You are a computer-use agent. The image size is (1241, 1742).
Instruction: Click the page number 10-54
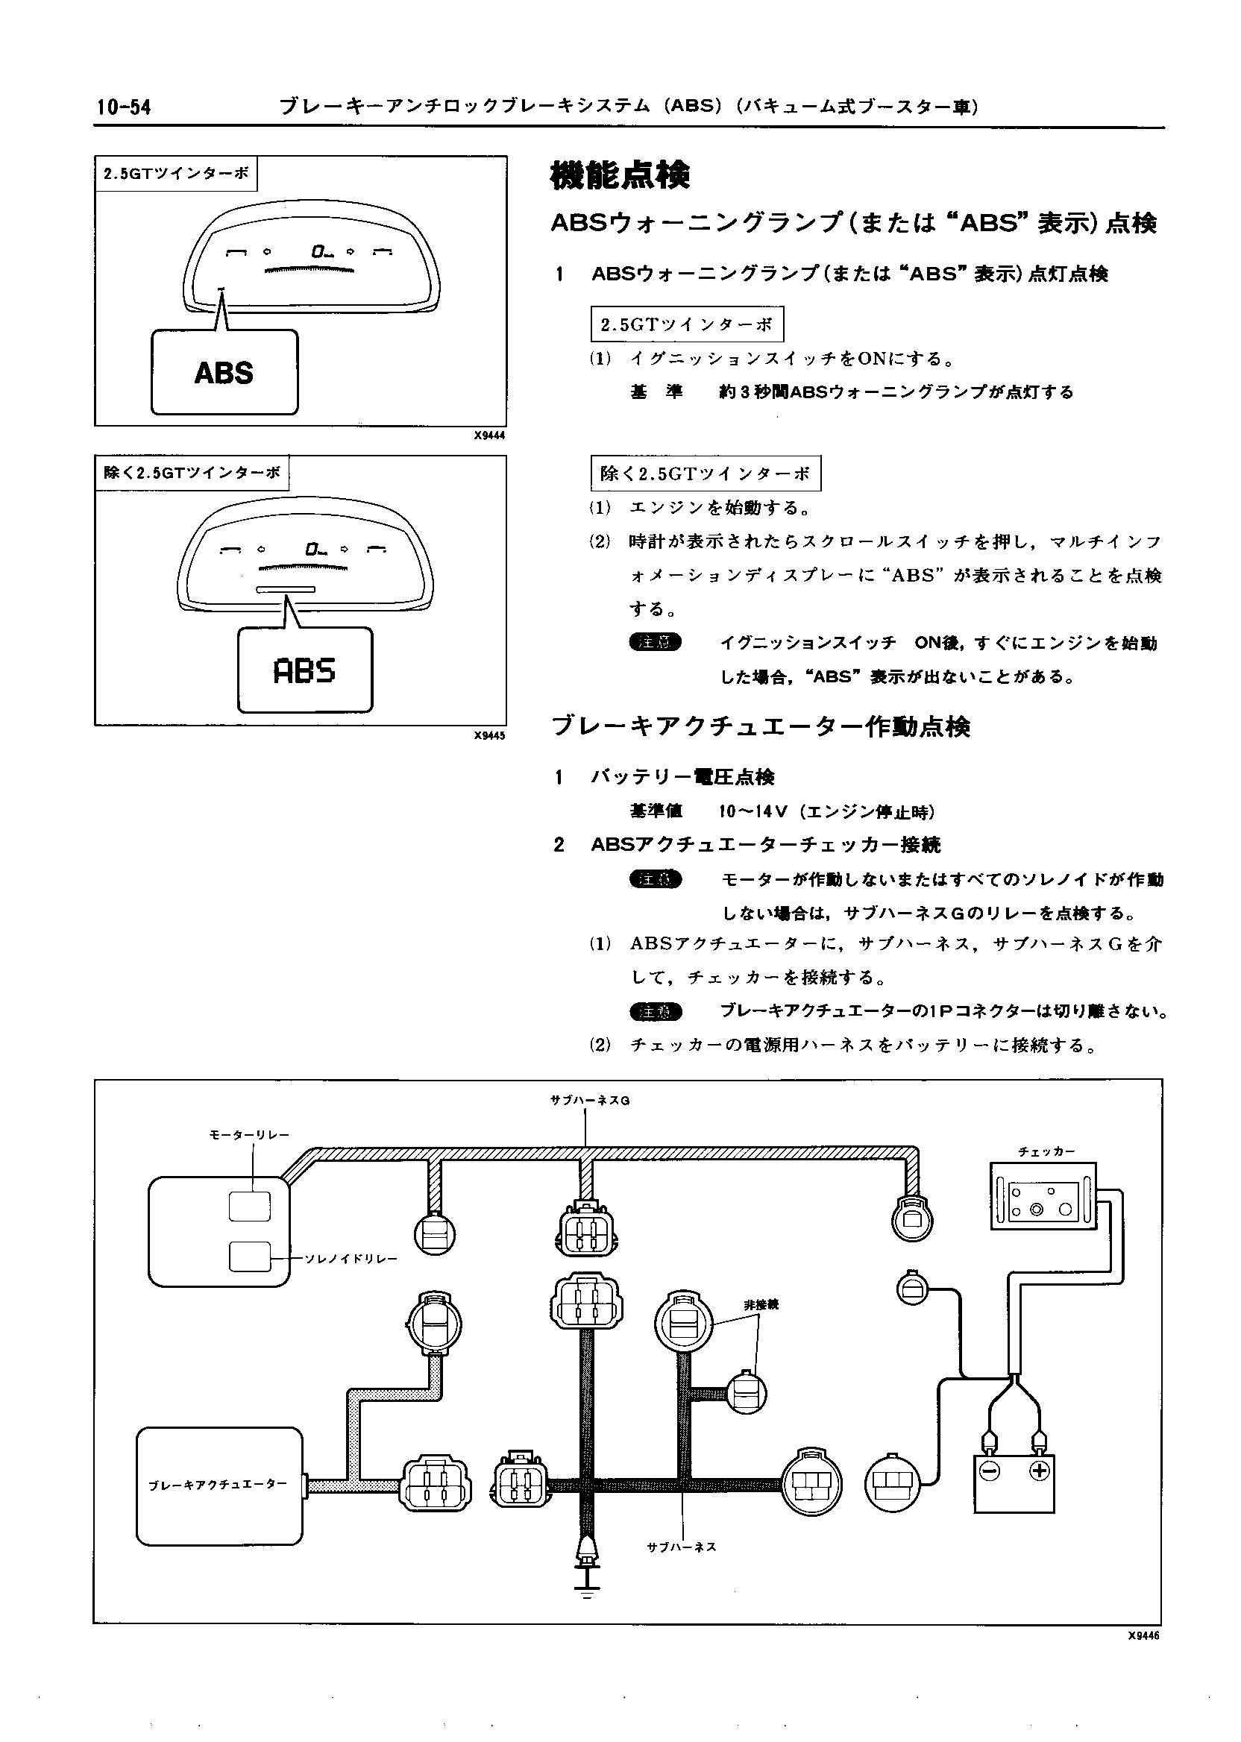click(124, 107)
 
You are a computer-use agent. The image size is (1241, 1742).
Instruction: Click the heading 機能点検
click(620, 175)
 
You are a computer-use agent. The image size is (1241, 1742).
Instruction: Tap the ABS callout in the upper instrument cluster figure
click(224, 373)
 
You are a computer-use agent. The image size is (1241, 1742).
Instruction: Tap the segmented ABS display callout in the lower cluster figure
click(304, 671)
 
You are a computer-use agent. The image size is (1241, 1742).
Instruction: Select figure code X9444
click(489, 435)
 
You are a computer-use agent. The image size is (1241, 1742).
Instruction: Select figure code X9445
click(489, 736)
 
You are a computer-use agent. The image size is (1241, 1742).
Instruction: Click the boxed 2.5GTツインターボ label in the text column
click(687, 324)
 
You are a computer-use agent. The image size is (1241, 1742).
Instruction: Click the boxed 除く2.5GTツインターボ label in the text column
click(706, 474)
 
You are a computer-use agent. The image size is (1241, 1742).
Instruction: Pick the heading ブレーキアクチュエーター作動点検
click(761, 726)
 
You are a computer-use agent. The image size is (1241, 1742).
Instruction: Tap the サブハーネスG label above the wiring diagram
click(589, 1101)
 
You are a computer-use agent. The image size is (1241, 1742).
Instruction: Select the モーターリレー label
click(249, 1134)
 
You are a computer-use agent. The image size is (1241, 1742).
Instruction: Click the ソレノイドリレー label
click(351, 1258)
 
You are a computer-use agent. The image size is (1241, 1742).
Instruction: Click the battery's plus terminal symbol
click(1038, 1470)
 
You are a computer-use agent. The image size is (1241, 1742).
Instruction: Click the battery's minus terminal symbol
click(990, 1470)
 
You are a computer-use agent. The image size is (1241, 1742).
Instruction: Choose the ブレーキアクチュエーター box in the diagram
click(219, 1485)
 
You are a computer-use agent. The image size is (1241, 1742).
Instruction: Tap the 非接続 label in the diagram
click(761, 1305)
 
